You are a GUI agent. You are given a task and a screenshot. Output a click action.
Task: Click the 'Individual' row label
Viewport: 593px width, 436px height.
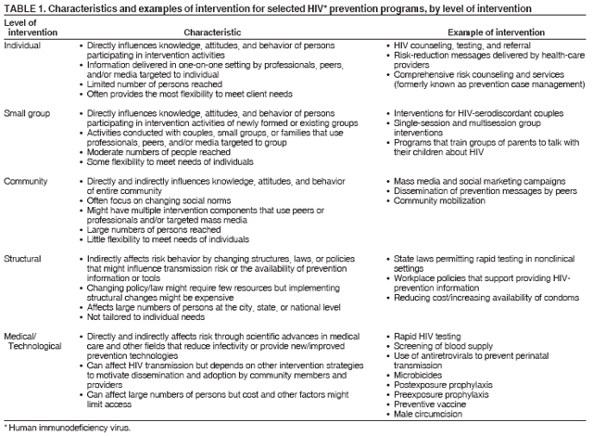(22, 45)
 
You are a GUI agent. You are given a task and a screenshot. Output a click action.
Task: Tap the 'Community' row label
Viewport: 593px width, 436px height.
(27, 179)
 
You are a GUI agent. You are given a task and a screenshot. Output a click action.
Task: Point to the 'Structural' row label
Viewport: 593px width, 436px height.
(25, 254)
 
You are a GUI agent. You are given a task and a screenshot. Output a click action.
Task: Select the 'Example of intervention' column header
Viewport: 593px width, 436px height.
(472, 31)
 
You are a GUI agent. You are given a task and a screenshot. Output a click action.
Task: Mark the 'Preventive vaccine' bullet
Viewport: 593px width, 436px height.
(433, 403)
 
